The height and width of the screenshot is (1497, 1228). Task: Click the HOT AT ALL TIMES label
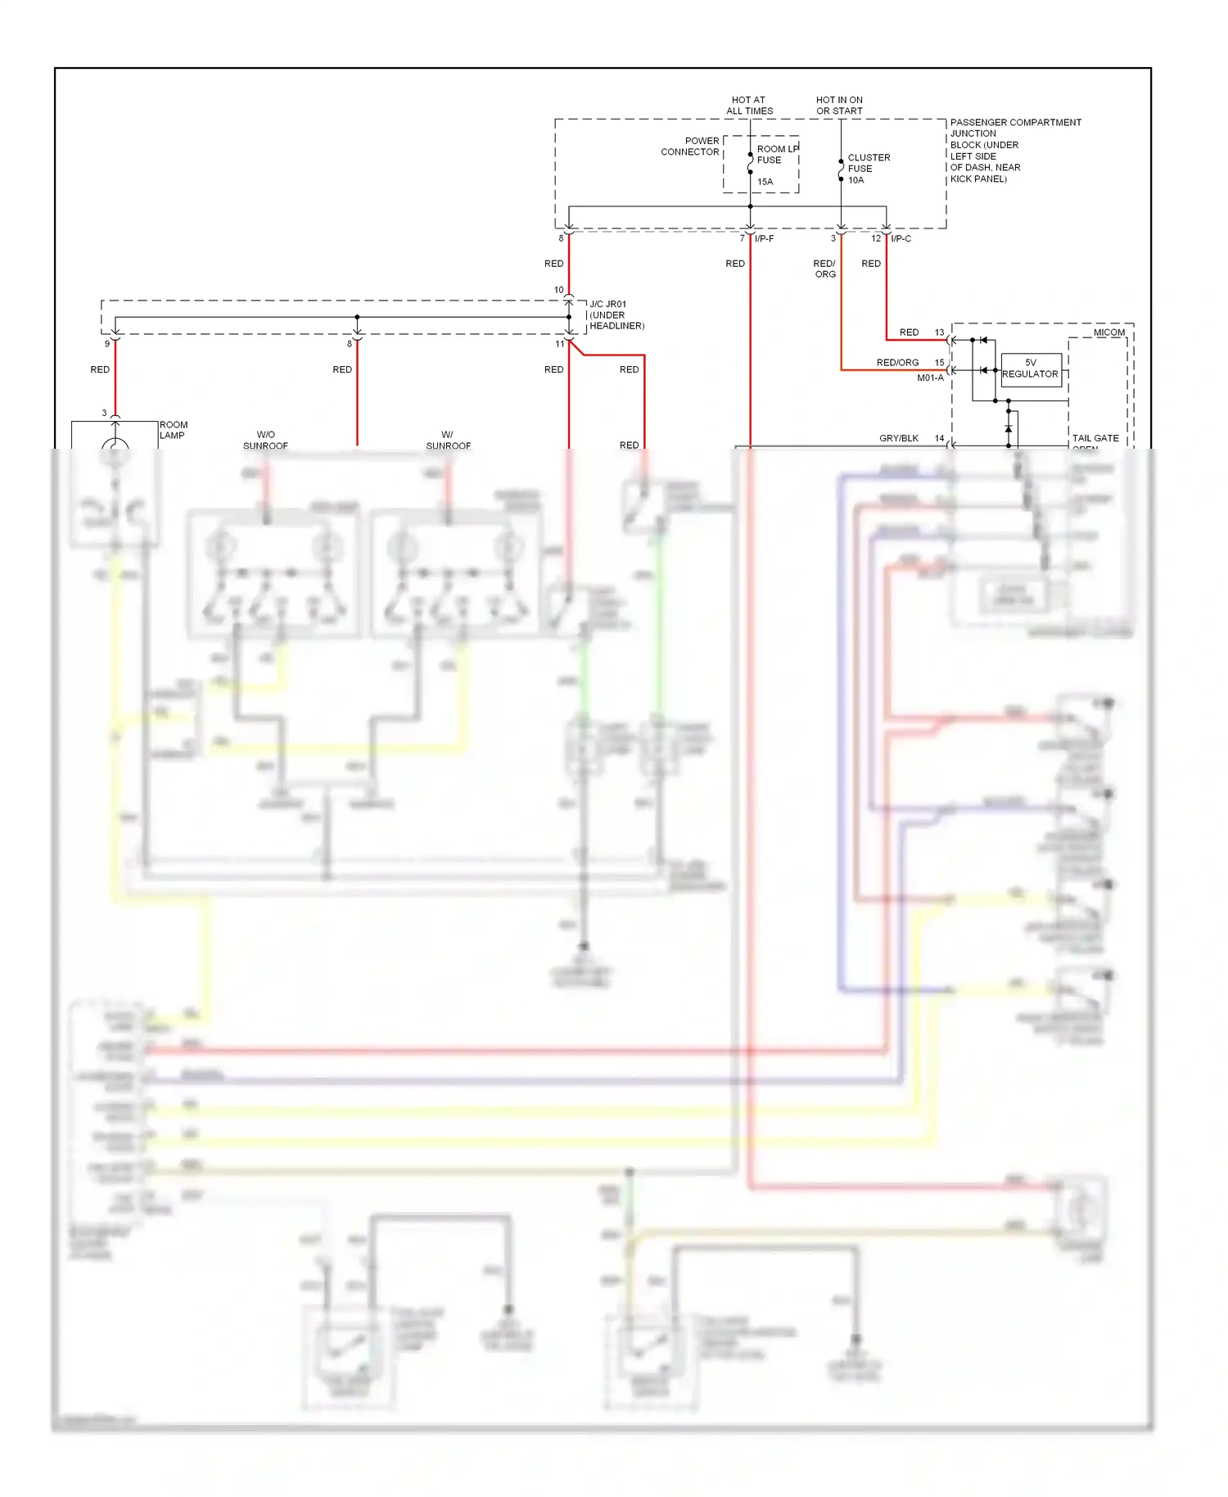(749, 106)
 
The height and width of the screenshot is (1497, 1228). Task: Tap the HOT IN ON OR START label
(839, 106)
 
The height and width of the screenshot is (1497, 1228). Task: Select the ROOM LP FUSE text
(776, 155)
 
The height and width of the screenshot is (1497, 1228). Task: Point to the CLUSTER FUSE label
(868, 163)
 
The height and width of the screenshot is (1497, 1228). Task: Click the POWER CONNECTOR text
(690, 147)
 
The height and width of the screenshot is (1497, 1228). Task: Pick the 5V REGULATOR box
(1030, 369)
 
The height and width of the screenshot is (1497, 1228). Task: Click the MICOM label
(1108, 332)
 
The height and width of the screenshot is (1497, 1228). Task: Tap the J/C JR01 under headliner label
(616, 315)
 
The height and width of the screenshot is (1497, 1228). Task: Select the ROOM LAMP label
(173, 430)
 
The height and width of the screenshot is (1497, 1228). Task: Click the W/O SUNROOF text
(265, 441)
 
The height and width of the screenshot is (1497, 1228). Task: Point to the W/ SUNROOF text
(448, 441)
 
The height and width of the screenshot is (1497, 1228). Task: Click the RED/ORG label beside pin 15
(897, 363)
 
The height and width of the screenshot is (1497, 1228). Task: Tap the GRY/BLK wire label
(898, 439)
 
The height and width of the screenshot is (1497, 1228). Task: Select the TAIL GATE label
(1095, 439)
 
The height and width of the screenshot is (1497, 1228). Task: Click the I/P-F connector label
(764, 239)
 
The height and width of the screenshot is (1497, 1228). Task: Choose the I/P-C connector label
(901, 239)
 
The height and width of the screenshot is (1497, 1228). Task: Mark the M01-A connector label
(930, 378)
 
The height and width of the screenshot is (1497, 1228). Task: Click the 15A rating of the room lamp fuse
(765, 182)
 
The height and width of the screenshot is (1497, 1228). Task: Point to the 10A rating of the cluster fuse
(856, 180)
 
